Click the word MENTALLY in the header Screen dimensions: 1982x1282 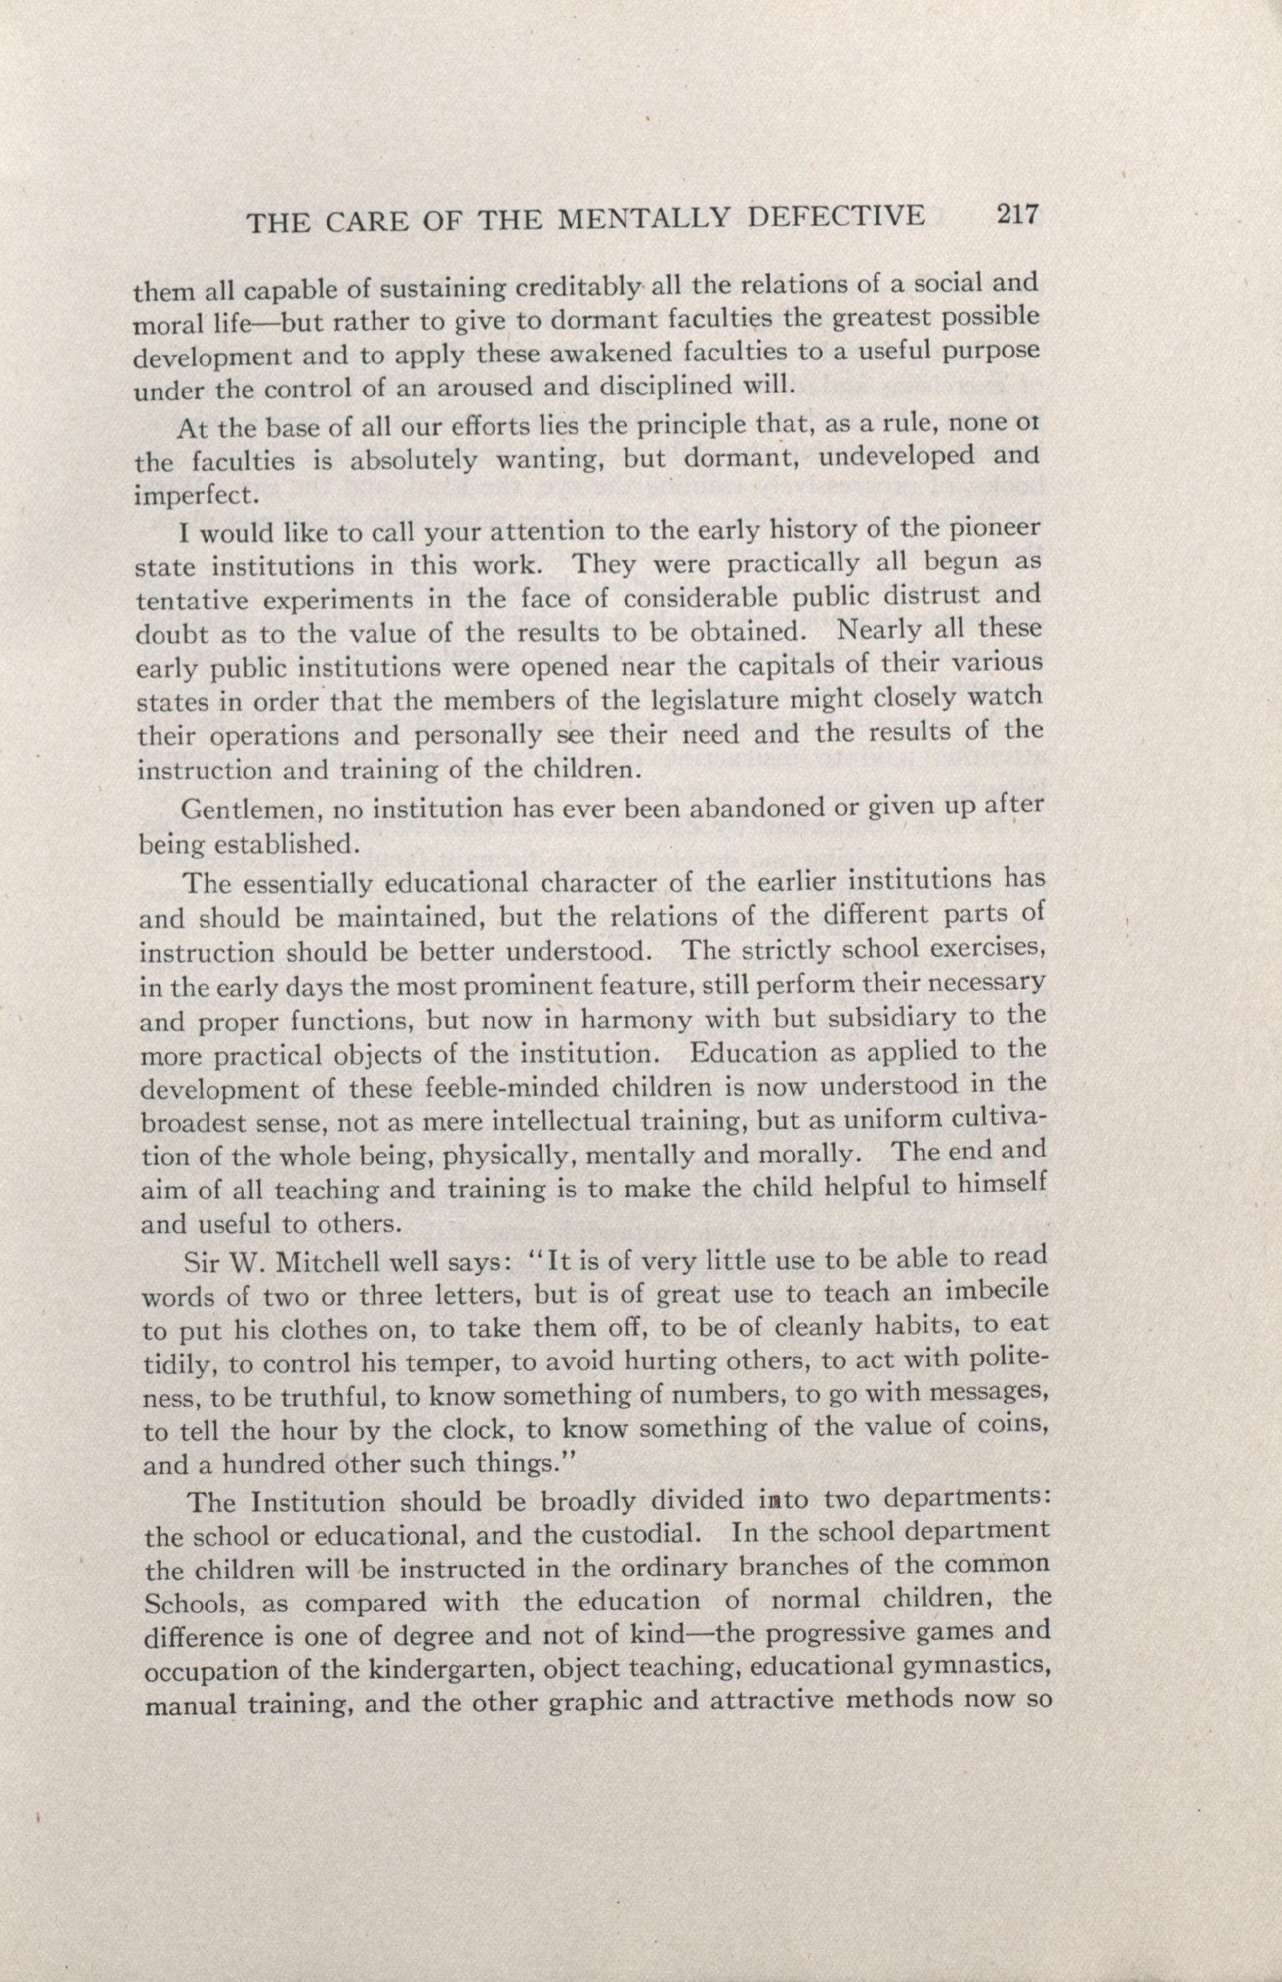click(x=646, y=218)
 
